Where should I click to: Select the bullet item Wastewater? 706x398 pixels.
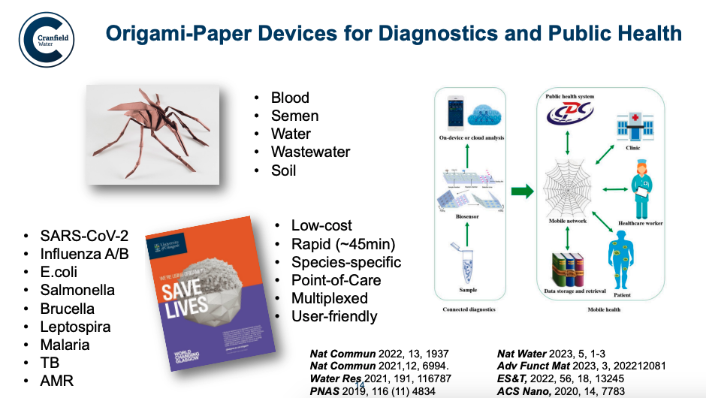point(310,152)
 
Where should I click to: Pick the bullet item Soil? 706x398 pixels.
point(284,170)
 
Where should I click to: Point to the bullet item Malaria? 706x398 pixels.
point(65,345)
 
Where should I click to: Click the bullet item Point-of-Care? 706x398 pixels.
point(336,280)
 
